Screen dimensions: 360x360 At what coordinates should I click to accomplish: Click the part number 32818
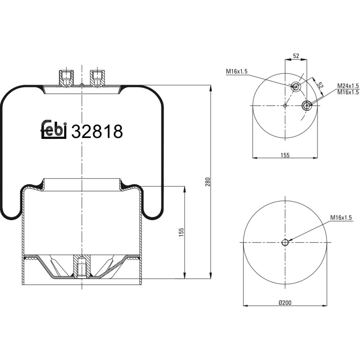coord(97,131)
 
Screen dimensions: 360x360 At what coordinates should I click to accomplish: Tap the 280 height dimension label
coord(208,181)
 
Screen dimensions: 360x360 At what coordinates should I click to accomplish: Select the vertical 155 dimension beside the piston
coord(181,232)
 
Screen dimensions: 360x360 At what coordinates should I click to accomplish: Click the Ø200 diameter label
coord(285,302)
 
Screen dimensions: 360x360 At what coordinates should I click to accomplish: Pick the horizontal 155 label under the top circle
coord(285,155)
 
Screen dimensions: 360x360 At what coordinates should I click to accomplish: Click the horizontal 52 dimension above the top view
coord(296,56)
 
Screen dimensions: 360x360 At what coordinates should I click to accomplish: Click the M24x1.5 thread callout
coord(348,86)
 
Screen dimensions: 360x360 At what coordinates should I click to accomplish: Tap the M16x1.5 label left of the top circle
coord(237,72)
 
